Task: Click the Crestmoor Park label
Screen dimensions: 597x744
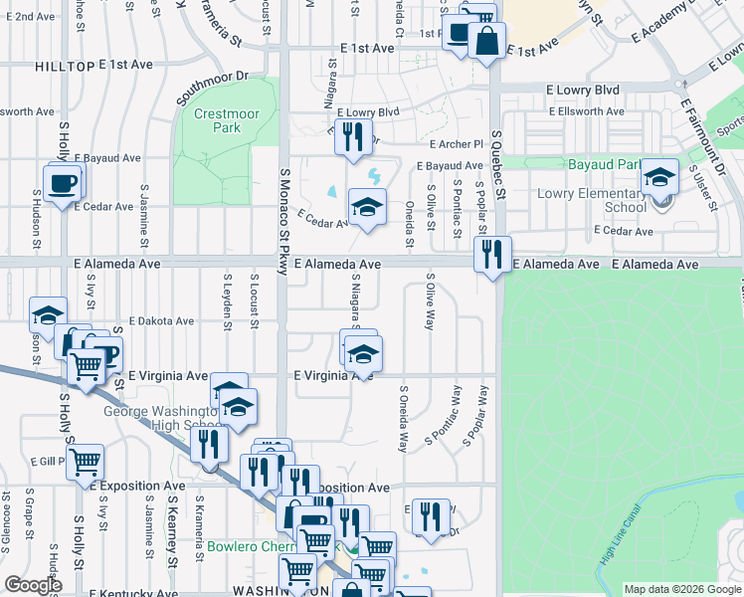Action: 217,120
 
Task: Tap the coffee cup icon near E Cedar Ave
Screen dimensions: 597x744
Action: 64,185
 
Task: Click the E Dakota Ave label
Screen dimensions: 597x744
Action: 161,321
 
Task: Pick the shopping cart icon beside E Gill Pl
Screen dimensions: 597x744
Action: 86,462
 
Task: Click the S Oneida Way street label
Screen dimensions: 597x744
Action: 404,418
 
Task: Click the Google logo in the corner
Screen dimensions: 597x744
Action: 33,585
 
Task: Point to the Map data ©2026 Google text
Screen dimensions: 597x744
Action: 682,589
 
